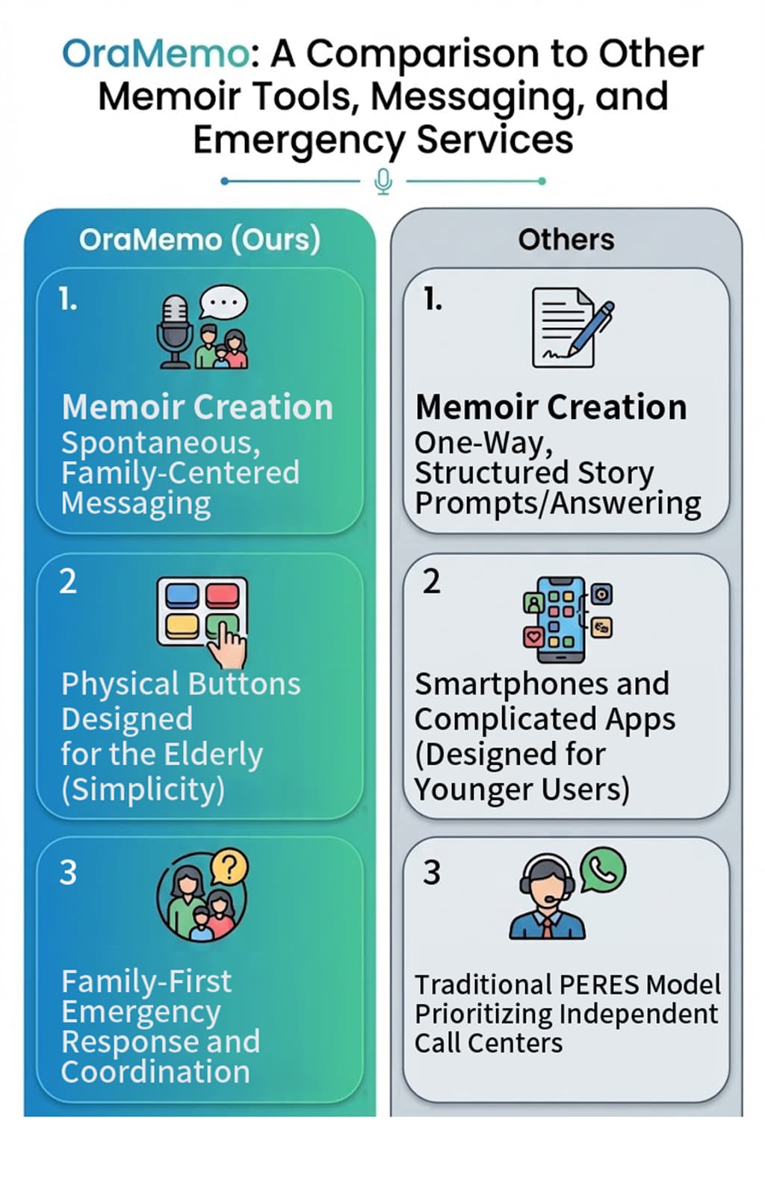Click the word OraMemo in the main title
click(x=155, y=54)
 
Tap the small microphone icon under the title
click(x=383, y=182)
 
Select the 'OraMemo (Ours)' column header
click(x=199, y=240)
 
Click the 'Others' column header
click(x=566, y=240)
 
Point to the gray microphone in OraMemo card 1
click(x=175, y=332)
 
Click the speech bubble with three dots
click(x=223, y=303)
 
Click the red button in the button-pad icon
click(x=222, y=595)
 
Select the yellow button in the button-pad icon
click(x=182, y=627)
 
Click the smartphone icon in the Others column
click(x=561, y=619)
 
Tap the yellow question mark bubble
click(x=229, y=867)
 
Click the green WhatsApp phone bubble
click(x=602, y=871)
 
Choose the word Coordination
click(x=155, y=1072)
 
